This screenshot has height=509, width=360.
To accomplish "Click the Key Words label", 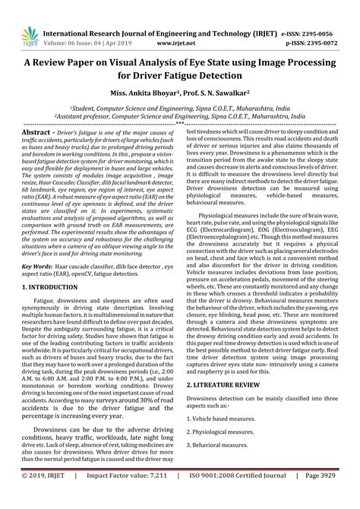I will pyautogui.click(x=37, y=246).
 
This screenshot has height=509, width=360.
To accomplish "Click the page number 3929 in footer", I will pyautogui.click(x=336, y=495).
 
